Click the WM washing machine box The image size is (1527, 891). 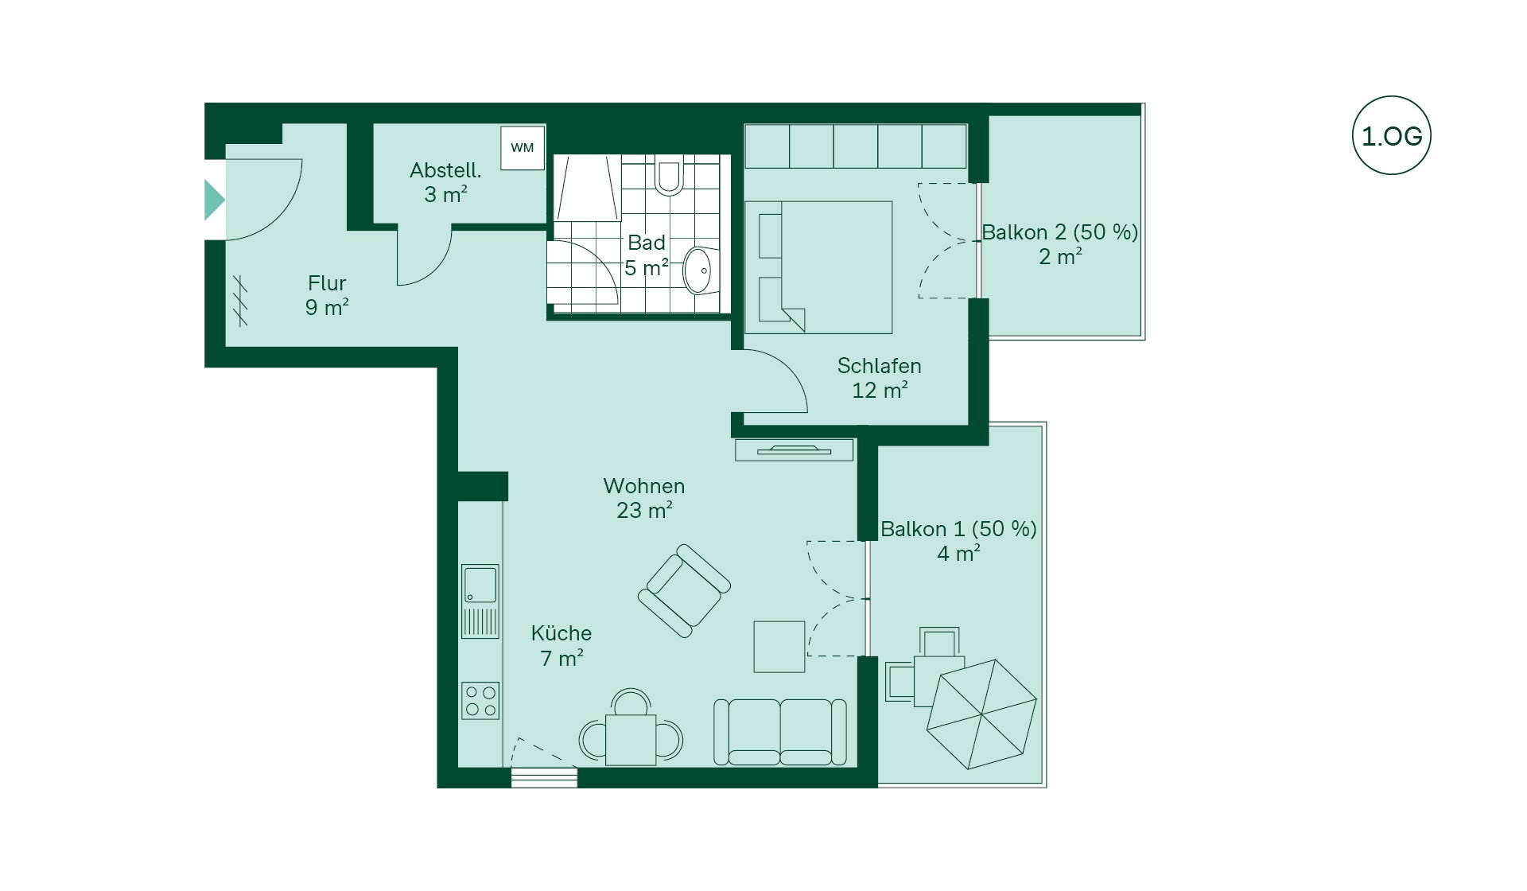point(523,147)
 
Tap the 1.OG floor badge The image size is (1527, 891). point(1391,135)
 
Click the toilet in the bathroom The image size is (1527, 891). point(669,175)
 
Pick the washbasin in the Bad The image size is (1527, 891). point(699,270)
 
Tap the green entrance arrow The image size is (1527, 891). point(214,199)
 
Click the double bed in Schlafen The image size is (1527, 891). point(818,267)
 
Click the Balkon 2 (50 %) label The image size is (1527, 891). point(1060,232)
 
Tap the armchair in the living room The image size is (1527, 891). point(684,590)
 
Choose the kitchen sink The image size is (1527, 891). point(480,601)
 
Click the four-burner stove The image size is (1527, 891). point(480,701)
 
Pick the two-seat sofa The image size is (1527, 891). point(779,732)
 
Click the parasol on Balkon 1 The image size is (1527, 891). point(981,714)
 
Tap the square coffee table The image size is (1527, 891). point(779,647)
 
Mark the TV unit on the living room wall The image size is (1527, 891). point(794,450)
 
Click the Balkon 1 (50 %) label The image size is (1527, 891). point(958,529)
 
